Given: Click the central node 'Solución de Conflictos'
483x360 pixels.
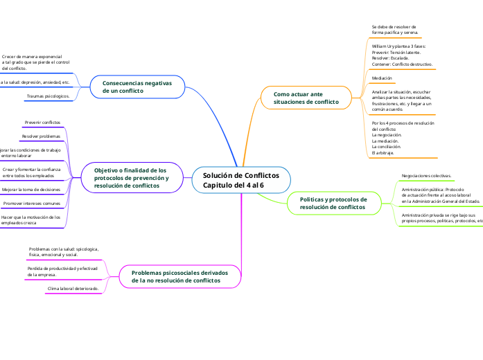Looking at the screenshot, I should (x=240, y=180).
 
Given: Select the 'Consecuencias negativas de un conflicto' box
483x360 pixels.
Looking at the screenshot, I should (x=139, y=87).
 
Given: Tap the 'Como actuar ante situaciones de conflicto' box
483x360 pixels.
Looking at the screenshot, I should (x=307, y=98).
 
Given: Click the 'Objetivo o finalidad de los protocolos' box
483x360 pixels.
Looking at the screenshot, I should (x=132, y=178).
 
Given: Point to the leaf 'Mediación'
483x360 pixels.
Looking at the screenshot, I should (x=382, y=79).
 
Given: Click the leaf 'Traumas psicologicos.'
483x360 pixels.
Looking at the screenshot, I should (x=48, y=96).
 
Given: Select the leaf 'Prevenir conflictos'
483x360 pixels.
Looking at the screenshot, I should (x=42, y=122).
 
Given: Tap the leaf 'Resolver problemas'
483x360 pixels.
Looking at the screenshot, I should (x=41, y=136).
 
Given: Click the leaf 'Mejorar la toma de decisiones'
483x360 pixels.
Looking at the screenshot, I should (x=31, y=189).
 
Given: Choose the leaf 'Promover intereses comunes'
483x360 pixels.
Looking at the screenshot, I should (x=31, y=204).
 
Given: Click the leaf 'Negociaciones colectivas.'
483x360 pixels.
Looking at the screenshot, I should (x=427, y=176).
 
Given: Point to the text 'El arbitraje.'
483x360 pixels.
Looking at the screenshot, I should (x=383, y=152).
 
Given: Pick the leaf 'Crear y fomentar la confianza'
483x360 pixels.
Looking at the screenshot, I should (x=31, y=172).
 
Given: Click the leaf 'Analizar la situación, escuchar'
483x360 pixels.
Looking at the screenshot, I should (x=401, y=100).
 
